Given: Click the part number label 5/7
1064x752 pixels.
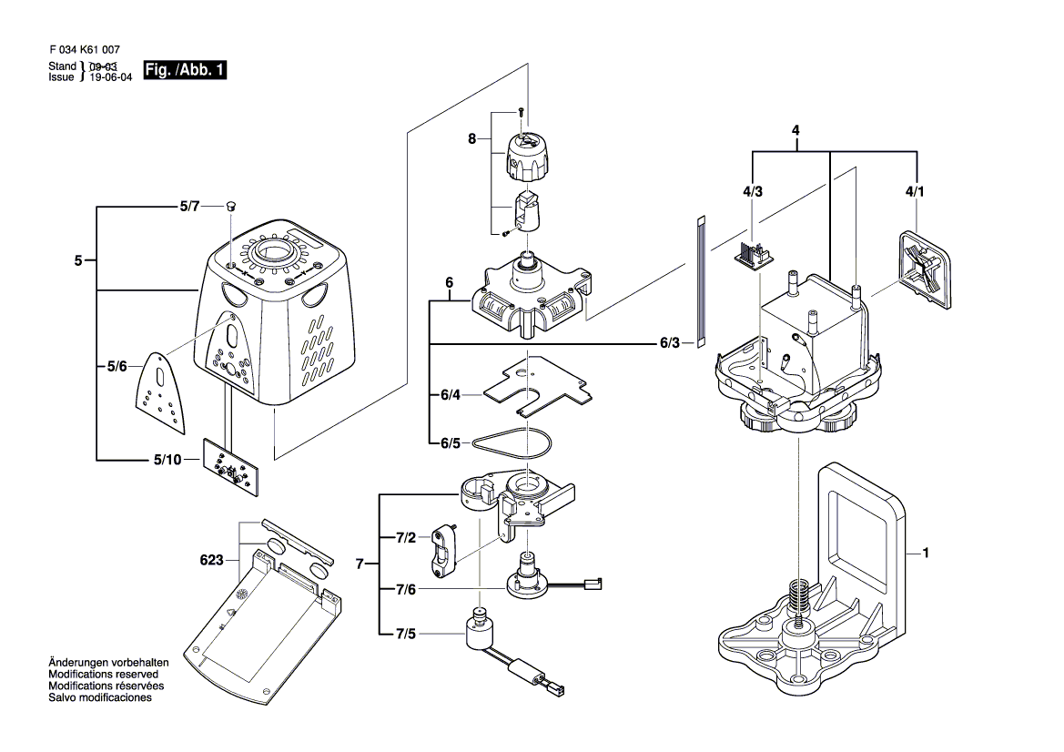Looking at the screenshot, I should click(x=188, y=208).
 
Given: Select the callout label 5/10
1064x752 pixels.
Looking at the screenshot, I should click(x=167, y=460).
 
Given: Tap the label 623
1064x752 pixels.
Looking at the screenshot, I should click(x=212, y=561).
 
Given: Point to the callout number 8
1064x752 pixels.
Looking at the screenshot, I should click(x=471, y=138).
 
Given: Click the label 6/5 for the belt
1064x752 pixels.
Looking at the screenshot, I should click(x=451, y=443).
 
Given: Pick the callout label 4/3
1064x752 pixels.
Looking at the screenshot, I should click(x=752, y=191).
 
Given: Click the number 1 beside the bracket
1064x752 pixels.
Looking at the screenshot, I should click(x=926, y=553).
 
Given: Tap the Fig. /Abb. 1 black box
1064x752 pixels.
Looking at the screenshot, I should click(x=185, y=70).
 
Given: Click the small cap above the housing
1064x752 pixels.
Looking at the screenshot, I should click(x=231, y=207).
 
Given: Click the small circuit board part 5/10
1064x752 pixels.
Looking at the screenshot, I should click(x=230, y=467).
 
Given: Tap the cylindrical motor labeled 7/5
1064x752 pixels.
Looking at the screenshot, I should click(x=480, y=631).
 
